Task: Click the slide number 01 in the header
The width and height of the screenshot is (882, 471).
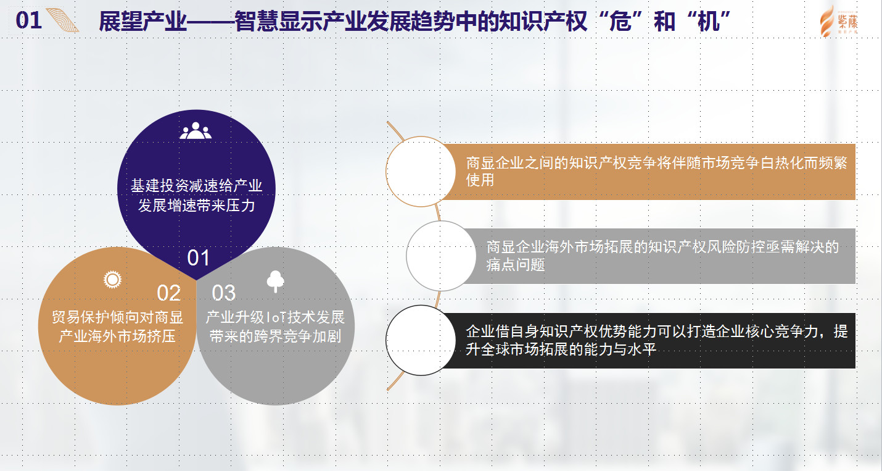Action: (28, 20)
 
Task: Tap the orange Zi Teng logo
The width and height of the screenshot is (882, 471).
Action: (839, 21)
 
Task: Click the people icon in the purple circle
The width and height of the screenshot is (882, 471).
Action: (196, 130)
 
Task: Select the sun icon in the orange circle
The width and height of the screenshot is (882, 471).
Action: (113, 280)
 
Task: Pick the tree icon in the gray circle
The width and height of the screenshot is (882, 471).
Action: (275, 281)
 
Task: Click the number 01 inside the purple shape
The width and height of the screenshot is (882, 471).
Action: (198, 258)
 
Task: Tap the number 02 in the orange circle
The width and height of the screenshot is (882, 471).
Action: (168, 293)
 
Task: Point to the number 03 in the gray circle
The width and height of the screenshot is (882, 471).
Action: (224, 293)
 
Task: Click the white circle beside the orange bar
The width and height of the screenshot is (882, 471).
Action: (421, 172)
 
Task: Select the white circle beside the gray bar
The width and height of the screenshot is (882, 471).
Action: (441, 256)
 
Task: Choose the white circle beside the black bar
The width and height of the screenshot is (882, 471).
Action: (421, 340)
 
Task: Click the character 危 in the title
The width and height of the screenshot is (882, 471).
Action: (620, 21)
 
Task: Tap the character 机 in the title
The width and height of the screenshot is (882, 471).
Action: (708, 21)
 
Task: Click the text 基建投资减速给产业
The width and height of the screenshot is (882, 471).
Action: (196, 186)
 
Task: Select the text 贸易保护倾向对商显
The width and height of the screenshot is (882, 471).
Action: (117, 317)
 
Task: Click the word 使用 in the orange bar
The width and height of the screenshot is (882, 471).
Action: (480, 180)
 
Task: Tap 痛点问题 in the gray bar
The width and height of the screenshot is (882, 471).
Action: (516, 264)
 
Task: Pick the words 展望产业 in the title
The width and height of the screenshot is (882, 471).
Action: (142, 21)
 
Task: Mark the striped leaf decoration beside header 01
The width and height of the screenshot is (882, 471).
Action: (63, 20)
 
